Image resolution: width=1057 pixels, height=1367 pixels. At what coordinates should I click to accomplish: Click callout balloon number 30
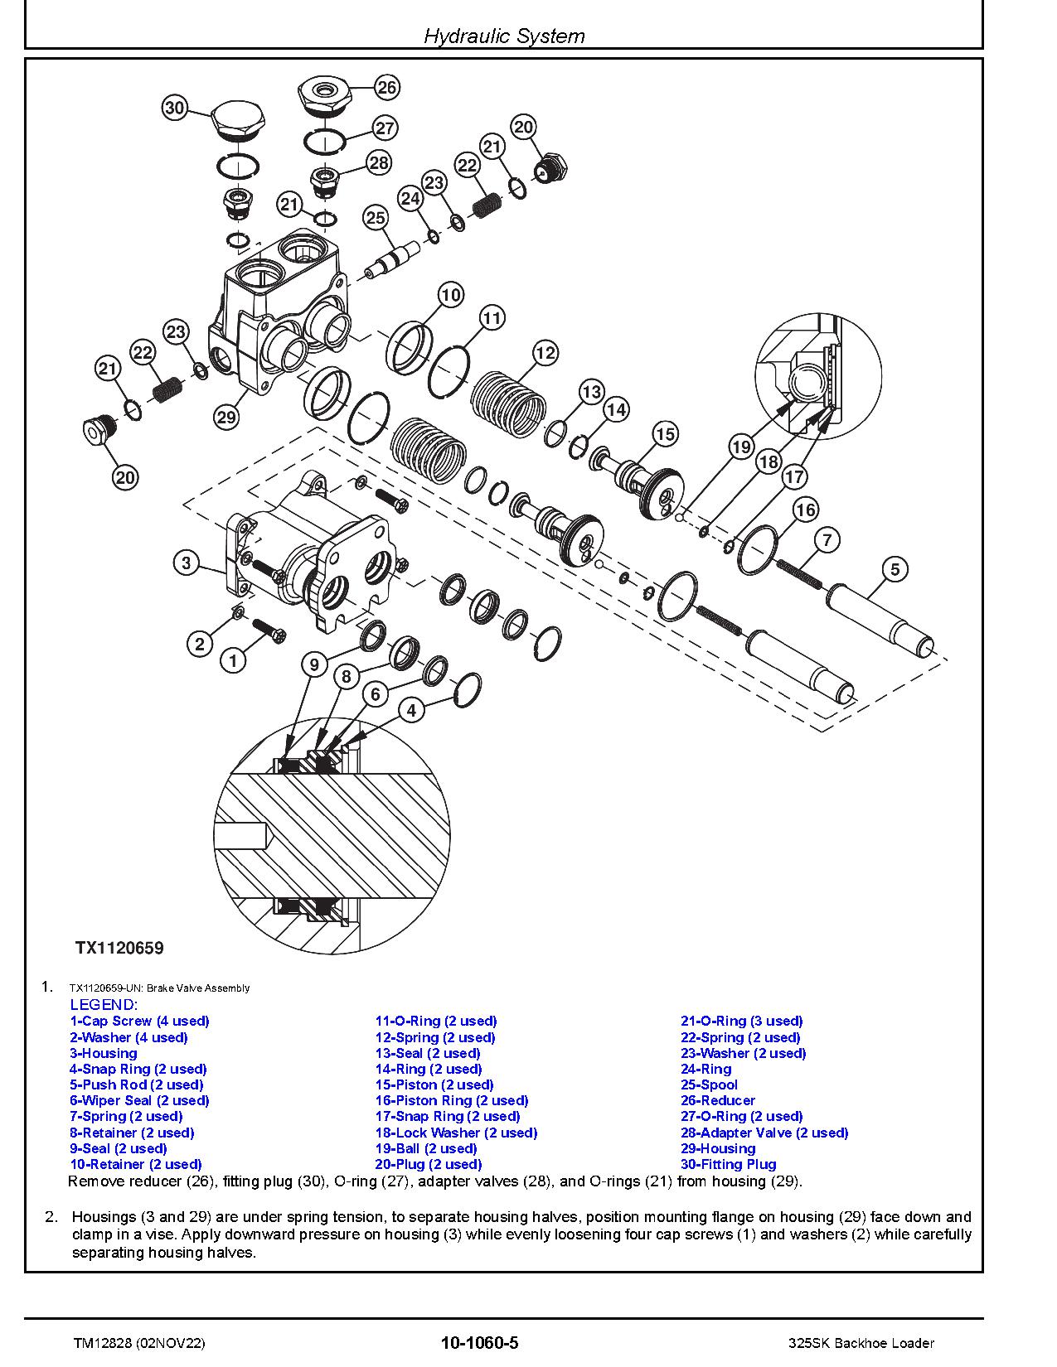click(x=174, y=108)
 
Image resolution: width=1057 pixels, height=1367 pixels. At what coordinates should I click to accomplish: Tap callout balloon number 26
click(x=387, y=87)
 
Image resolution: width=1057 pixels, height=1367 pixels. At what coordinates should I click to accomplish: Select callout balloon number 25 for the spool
click(x=376, y=217)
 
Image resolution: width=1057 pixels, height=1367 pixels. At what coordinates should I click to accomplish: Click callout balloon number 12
click(x=545, y=353)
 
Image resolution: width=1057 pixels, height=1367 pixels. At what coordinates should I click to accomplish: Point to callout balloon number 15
click(x=666, y=433)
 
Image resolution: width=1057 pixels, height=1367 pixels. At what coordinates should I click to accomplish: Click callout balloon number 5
click(x=895, y=569)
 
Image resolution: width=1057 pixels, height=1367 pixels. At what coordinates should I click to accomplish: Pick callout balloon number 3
click(x=187, y=563)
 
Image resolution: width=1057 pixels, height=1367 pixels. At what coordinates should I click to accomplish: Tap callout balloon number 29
click(x=226, y=417)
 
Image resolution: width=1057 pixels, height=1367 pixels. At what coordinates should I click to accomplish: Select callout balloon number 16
click(x=806, y=510)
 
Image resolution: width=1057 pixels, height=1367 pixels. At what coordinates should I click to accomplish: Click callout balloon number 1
click(x=234, y=660)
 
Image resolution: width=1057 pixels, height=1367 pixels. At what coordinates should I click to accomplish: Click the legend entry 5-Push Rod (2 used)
click(x=137, y=1084)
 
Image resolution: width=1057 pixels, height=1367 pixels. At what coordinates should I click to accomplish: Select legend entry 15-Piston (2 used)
click(x=434, y=1084)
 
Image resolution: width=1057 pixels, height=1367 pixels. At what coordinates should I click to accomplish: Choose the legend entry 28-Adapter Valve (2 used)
click(x=764, y=1133)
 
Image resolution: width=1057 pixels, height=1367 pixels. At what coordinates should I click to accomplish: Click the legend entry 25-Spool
click(x=709, y=1084)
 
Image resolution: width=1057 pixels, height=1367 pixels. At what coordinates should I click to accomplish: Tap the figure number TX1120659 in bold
click(x=119, y=948)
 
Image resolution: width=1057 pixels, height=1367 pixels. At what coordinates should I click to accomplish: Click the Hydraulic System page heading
click(x=504, y=36)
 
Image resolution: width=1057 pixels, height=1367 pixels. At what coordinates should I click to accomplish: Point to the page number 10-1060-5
click(x=480, y=1343)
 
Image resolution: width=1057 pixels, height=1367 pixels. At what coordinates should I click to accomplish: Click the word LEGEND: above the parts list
click(x=103, y=1005)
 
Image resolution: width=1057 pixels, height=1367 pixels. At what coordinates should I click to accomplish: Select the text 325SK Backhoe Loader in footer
click(x=861, y=1343)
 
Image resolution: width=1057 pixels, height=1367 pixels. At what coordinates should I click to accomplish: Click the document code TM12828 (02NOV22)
click(x=137, y=1343)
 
